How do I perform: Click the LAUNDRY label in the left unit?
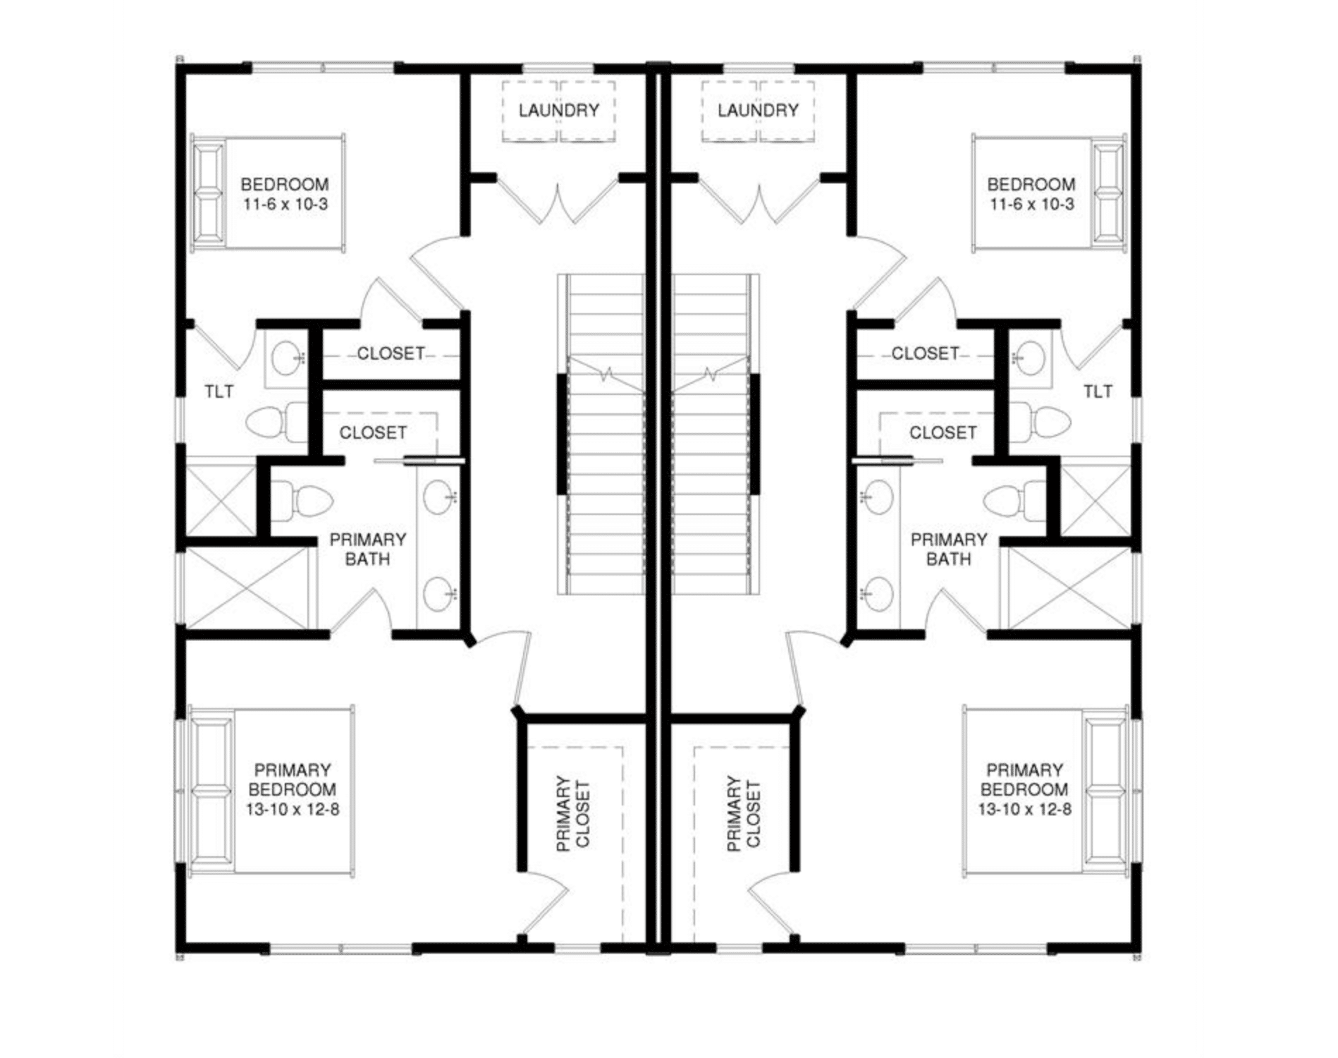[559, 110]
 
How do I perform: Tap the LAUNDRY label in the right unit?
[758, 110]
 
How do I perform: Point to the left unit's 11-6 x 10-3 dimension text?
[286, 205]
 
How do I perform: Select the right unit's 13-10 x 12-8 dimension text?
[1024, 809]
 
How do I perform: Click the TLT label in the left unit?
[219, 391]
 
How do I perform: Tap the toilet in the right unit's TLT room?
[1040, 422]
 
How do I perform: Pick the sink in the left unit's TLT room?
[286, 358]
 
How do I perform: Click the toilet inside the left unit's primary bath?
[301, 499]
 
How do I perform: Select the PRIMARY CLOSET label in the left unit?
[573, 813]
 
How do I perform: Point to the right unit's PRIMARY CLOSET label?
[744, 813]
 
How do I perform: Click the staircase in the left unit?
[601, 434]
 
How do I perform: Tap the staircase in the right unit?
[716, 434]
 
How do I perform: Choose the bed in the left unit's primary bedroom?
[271, 791]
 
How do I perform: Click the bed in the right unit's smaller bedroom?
[1049, 191]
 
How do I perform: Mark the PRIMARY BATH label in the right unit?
[949, 549]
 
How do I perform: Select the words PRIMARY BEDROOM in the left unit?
[293, 779]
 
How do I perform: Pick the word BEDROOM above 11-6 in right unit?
[1031, 185]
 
